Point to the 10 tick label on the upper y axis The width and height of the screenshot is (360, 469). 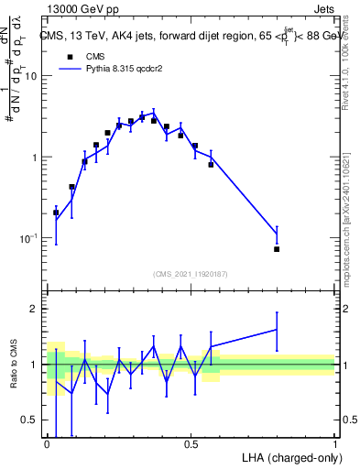[30, 76]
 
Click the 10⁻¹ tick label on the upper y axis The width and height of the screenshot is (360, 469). [28, 238]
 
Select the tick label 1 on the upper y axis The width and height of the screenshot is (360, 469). [34, 158]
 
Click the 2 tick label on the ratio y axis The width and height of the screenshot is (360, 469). [34, 309]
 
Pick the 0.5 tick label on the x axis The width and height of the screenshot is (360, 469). [191, 444]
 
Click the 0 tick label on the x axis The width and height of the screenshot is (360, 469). [47, 444]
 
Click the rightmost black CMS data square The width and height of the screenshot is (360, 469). [277, 249]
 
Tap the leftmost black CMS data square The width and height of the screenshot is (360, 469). [56, 213]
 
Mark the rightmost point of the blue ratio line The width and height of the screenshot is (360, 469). [277, 329]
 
